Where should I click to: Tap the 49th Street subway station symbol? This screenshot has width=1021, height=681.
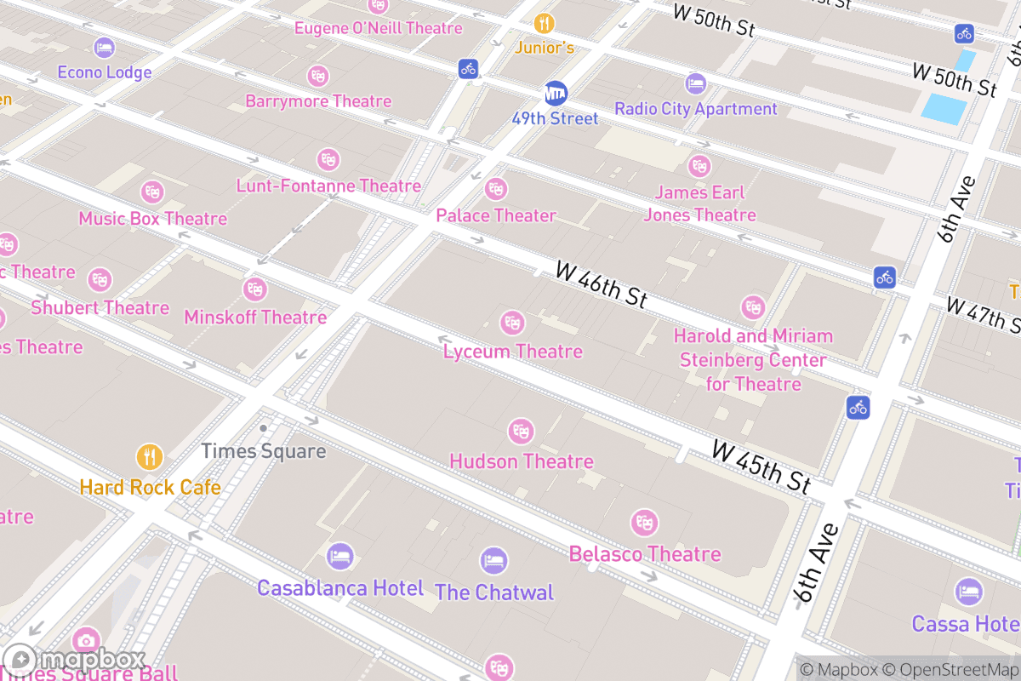coord(556,93)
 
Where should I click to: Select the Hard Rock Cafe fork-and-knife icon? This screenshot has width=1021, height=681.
coord(150,457)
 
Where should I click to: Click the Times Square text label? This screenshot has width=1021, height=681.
coord(263,451)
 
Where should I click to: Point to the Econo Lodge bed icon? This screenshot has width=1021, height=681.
coord(105,48)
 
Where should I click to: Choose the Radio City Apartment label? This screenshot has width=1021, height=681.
coord(695,109)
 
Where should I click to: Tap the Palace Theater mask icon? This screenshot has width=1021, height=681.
coord(495,189)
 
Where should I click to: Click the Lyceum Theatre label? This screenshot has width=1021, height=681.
coord(512,352)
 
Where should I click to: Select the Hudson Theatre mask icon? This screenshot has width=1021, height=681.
coord(521,432)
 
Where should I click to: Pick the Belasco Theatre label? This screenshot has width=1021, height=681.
coord(644,554)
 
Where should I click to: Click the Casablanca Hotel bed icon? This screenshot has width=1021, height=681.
coord(339,558)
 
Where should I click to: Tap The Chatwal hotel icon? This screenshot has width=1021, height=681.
coord(493,561)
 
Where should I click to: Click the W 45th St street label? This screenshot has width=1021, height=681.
coord(761,466)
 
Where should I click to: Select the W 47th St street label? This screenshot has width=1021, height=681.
coord(983,316)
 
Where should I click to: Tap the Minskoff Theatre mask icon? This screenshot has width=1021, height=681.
coord(254,289)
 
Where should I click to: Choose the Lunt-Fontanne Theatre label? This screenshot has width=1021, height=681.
coord(328,186)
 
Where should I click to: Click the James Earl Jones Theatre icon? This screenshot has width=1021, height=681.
coord(699,165)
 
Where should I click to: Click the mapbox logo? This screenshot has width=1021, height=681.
coord(77,660)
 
